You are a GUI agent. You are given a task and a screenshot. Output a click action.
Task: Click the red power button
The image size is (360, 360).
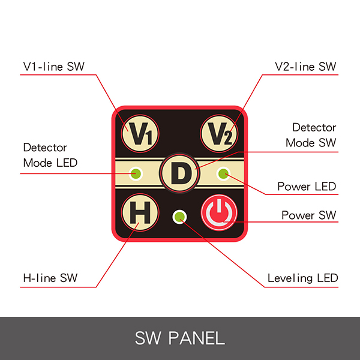pos(220,212)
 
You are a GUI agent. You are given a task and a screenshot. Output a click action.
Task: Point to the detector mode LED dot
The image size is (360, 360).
pos(136,173)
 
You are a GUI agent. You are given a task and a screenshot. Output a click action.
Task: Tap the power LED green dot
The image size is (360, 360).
pos(223,173)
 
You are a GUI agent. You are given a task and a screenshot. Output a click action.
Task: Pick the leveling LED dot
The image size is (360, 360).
pos(179,216)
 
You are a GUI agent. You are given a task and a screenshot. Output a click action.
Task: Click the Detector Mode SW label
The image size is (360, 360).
pos(311,135)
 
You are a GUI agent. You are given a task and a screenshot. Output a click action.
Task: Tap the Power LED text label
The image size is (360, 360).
pos(307,187)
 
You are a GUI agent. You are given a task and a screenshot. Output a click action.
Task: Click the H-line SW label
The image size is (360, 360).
pos(50,278)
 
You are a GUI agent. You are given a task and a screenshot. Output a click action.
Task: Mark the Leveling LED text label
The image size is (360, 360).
pos(302,278)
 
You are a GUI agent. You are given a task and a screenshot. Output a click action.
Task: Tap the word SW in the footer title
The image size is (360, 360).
pos(149,337)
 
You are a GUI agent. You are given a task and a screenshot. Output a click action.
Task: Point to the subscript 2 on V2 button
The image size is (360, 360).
pos(227,137)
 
